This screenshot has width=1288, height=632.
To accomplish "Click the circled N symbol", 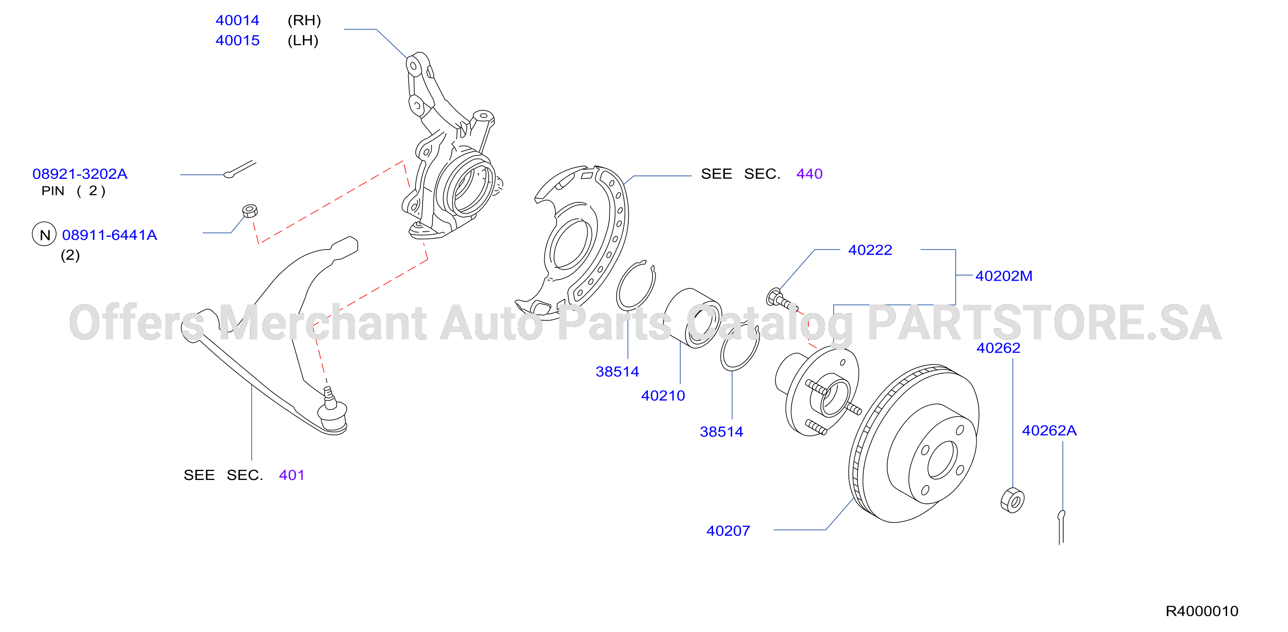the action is (x=44, y=235).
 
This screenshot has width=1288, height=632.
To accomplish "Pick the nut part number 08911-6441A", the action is (x=109, y=235).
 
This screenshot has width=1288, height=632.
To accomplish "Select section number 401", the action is (x=291, y=475).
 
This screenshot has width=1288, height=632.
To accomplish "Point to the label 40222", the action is (x=870, y=250).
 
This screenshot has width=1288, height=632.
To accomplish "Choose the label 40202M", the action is (x=1003, y=276).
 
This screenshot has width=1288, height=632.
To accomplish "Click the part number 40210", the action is (x=663, y=396).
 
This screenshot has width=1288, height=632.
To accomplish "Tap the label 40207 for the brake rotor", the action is (x=728, y=531).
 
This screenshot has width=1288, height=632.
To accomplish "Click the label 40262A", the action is (x=1049, y=431).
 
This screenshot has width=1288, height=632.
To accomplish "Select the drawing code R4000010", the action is (x=1202, y=611).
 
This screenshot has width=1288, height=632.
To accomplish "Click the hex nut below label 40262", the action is (x=1012, y=500).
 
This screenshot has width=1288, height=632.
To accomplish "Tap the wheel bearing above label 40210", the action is (x=693, y=319).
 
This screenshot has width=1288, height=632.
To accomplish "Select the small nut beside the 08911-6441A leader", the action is (x=250, y=210).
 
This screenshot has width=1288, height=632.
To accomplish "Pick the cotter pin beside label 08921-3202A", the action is (x=239, y=169).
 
